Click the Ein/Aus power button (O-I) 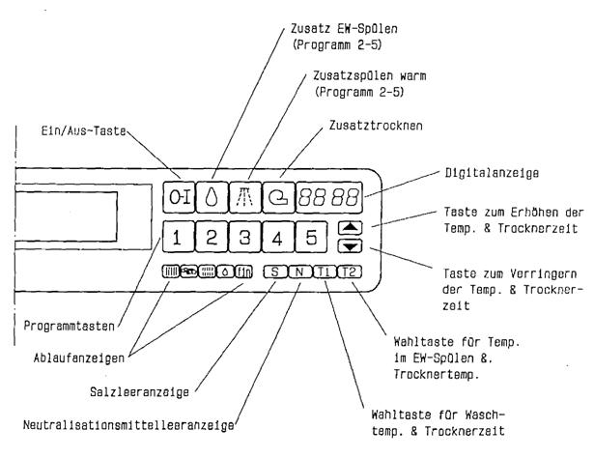(x=181, y=194)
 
